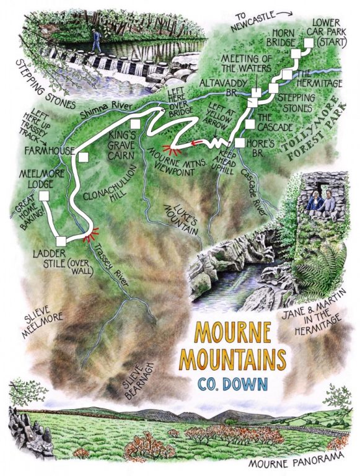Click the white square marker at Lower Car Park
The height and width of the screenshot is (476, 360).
click(x=307, y=43)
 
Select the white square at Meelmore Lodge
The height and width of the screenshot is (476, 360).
click(x=43, y=196)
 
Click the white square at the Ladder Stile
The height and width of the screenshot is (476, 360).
click(x=60, y=241)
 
